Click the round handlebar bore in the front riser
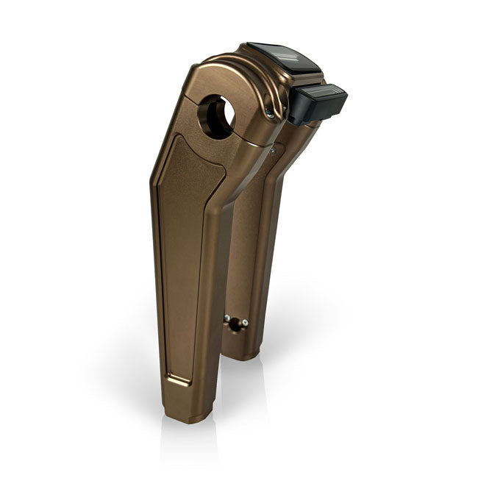215,115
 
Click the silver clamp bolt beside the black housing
272,113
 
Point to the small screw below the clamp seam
272,150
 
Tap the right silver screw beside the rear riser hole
245,323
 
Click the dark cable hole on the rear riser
236,324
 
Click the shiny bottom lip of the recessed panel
179,380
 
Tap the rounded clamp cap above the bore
221,74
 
